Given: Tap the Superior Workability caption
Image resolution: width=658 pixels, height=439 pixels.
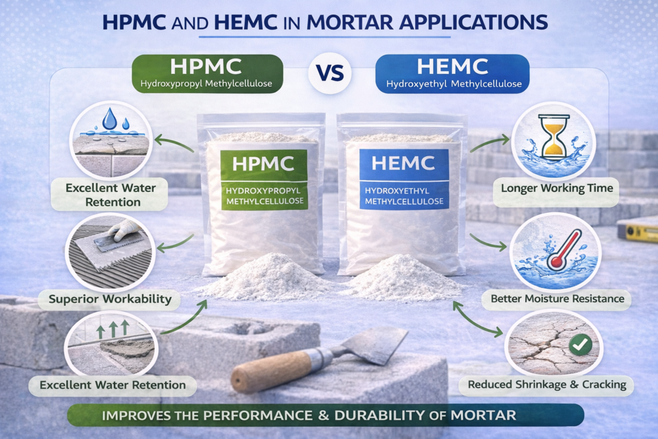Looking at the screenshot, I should [110, 298].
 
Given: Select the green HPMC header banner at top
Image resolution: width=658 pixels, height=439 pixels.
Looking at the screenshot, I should [207, 71].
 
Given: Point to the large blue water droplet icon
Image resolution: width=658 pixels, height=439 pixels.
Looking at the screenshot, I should [111, 118].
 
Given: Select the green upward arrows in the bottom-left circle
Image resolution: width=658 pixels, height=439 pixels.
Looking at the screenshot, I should [113, 328].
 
